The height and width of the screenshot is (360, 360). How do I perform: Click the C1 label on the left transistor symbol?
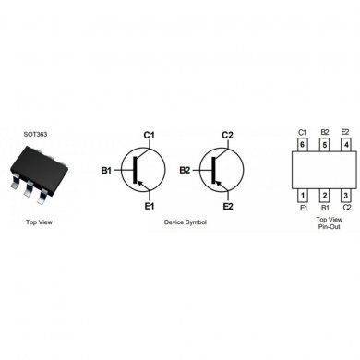(x=148, y=136)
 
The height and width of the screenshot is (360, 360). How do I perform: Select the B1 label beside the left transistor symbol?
(x=107, y=171)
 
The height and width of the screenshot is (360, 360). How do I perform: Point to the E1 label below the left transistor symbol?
(x=148, y=207)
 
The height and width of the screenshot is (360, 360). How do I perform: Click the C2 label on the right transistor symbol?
(x=227, y=136)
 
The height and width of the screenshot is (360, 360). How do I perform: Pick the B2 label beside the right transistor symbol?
(x=186, y=171)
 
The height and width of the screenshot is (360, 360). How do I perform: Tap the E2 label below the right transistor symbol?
(x=227, y=207)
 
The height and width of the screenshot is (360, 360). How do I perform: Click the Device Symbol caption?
(x=186, y=223)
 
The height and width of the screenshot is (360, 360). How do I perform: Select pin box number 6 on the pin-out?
(x=302, y=145)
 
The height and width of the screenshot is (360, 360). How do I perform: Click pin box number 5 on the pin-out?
(x=324, y=145)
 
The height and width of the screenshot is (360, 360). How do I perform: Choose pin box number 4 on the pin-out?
(x=345, y=145)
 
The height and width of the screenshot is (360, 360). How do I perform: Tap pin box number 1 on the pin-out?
(x=302, y=196)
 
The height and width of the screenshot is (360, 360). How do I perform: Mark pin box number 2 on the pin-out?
(x=324, y=196)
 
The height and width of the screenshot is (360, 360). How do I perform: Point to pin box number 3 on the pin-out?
(x=345, y=196)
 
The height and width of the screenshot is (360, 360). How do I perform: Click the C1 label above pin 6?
(x=302, y=133)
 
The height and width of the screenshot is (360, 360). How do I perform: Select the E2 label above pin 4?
(x=345, y=133)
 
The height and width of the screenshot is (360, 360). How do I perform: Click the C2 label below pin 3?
(x=345, y=209)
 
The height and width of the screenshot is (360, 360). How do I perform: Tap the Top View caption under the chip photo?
(x=39, y=223)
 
